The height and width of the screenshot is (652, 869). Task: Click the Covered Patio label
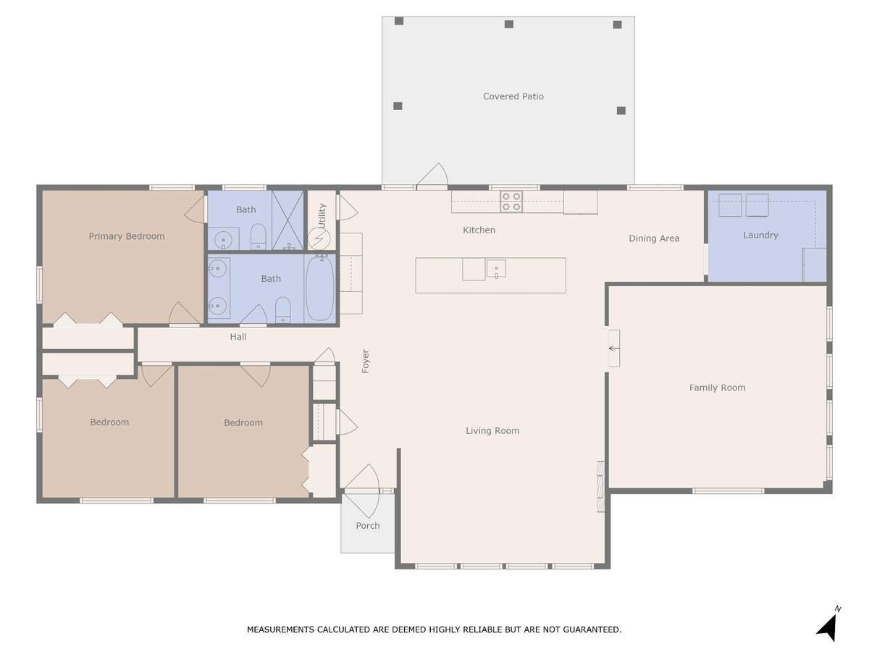pos(513,96)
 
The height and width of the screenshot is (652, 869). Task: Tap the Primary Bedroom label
pos(126,236)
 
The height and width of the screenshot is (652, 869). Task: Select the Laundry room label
pos(760,235)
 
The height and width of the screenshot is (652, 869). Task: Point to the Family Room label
pos(717,388)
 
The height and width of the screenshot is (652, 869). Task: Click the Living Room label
pos(492,431)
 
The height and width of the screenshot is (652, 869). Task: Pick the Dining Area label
pos(654,238)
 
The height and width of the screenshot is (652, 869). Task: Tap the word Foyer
pos(365,361)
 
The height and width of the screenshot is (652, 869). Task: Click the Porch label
pos(367,526)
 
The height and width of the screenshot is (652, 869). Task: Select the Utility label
pos(322,216)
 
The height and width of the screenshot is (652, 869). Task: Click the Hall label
pos(238,337)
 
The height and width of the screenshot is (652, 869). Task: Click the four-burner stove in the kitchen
pos(511,201)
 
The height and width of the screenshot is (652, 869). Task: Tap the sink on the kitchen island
pos(495,268)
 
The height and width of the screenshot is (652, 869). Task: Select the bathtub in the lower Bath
pos(319,288)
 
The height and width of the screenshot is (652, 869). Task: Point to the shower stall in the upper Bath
pos(287,220)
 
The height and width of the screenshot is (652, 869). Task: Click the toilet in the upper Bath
pos(258,237)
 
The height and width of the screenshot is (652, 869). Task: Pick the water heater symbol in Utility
pos(319,239)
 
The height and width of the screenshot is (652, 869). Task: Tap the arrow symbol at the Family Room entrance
pos(613,348)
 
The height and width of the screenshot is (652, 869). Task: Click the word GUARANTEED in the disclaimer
pos(592,630)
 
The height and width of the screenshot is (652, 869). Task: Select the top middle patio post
pos(509,24)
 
